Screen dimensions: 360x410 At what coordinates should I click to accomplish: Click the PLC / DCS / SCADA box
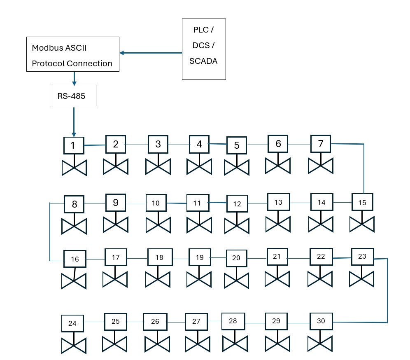tap(204, 49)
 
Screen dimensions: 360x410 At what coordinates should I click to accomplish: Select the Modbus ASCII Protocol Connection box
tap(72, 54)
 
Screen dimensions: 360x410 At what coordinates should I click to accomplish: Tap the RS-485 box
tap(74, 96)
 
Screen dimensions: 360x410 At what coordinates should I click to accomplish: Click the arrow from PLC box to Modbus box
tap(151, 53)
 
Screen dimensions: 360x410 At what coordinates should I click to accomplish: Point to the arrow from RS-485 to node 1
tap(74, 122)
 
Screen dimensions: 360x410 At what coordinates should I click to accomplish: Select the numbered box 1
tap(74, 145)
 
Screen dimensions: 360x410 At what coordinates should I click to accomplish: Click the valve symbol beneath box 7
tap(321, 166)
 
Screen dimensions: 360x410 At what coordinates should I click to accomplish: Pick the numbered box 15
tap(362, 203)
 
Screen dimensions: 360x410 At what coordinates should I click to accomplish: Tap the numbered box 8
tap(74, 204)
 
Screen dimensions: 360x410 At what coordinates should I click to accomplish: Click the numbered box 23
tap(361, 256)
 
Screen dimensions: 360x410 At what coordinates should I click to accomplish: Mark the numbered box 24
tap(72, 323)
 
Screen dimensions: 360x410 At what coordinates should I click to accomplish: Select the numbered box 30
tap(321, 321)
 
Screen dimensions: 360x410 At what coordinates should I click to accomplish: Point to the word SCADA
tap(203, 61)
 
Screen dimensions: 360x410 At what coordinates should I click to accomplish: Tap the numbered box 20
tap(236, 258)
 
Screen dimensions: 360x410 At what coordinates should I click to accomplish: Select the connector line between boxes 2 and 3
tap(137, 145)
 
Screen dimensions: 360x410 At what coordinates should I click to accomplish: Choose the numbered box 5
tap(237, 145)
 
